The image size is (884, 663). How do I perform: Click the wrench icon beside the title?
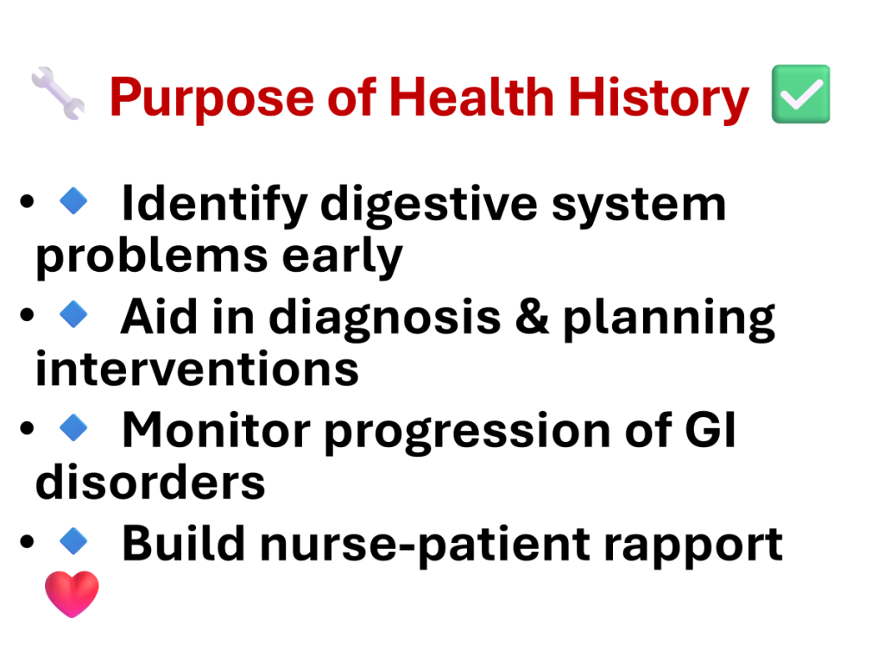[x=58, y=93]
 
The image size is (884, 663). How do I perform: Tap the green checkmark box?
[x=800, y=93]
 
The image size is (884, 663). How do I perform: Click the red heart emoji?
[x=72, y=594]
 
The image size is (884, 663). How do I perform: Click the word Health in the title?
[x=471, y=97]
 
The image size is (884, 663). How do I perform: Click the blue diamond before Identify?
[x=73, y=200]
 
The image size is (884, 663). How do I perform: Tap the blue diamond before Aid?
[x=73, y=314]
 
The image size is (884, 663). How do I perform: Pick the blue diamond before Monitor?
[x=73, y=427]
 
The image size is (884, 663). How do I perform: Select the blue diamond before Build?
[x=73, y=540]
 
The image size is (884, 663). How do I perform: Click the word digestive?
[x=429, y=205]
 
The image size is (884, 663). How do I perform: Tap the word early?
[x=342, y=256]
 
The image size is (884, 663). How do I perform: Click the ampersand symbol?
[x=532, y=316]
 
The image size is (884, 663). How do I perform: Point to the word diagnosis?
[x=384, y=319]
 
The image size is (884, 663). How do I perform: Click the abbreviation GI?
[x=710, y=430]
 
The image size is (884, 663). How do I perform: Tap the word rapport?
[x=693, y=546]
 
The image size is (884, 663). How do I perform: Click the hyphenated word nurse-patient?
[x=425, y=545]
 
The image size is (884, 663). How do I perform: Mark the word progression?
[x=468, y=433]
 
